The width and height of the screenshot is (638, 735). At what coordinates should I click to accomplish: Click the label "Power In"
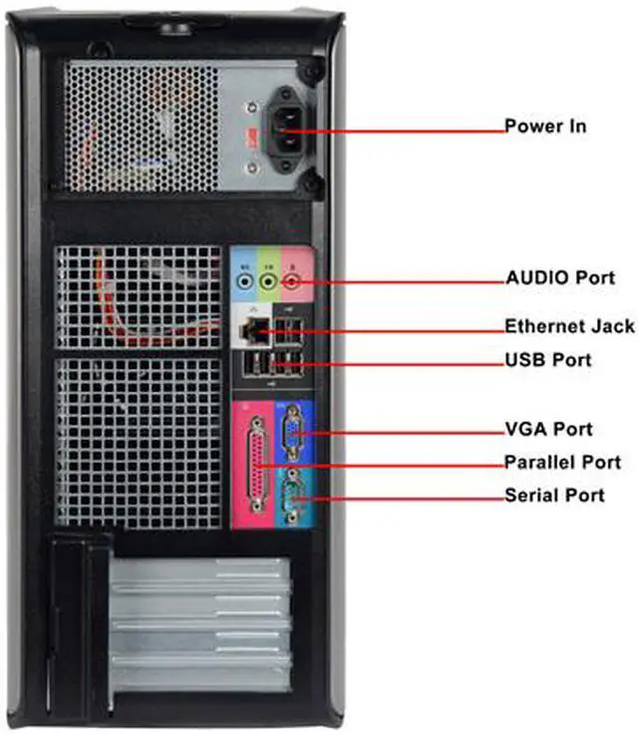(544, 127)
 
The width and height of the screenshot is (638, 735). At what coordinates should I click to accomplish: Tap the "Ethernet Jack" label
(569, 326)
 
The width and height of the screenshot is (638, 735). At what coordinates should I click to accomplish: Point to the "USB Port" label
(547, 360)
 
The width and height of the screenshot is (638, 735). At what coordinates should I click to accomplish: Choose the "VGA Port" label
(548, 430)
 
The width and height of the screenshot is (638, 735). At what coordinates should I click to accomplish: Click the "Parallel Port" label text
(562, 462)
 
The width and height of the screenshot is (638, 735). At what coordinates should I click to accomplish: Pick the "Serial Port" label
(554, 495)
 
